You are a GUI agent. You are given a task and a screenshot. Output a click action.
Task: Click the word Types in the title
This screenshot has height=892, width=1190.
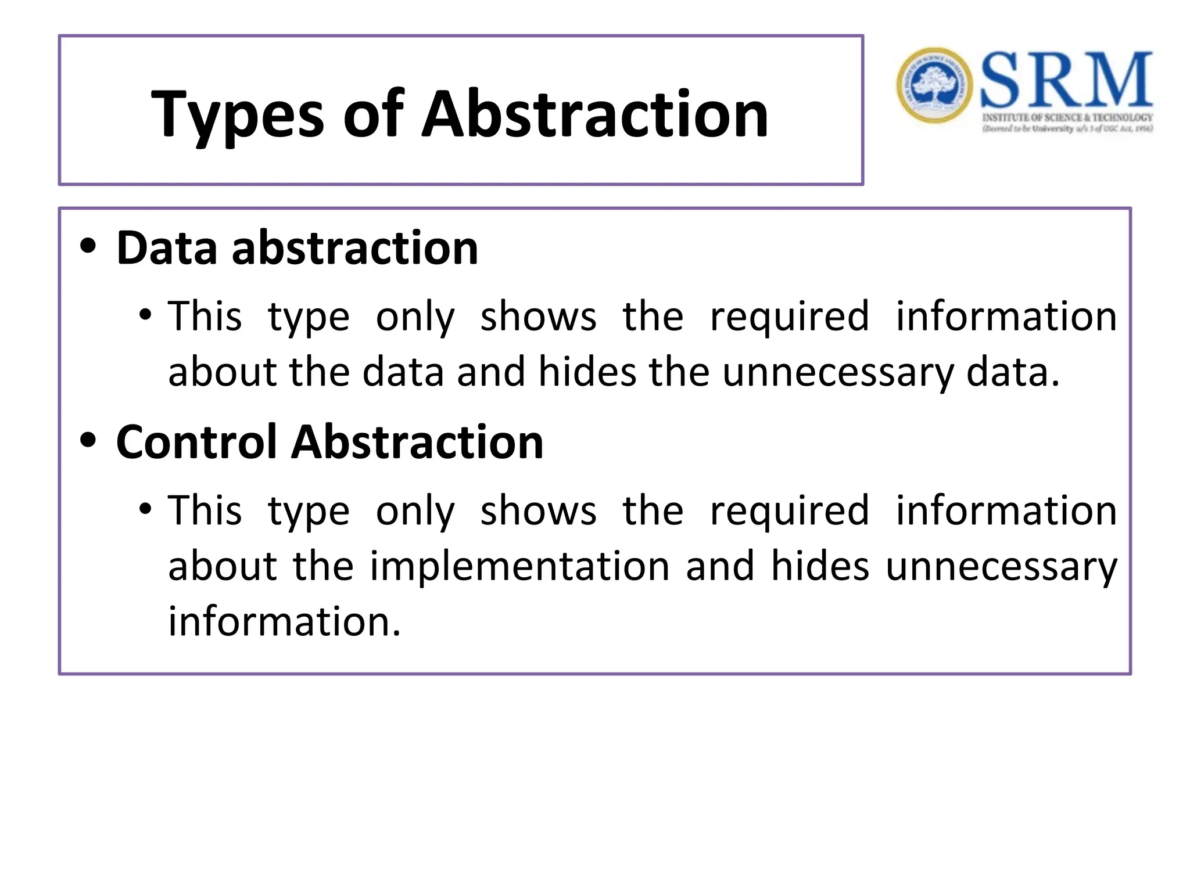click(x=237, y=116)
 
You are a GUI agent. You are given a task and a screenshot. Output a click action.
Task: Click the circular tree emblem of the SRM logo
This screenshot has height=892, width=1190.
click(x=934, y=85)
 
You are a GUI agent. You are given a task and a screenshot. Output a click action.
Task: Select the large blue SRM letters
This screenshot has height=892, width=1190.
click(x=1066, y=80)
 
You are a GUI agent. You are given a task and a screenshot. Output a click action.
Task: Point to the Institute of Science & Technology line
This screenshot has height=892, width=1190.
click(x=1067, y=117)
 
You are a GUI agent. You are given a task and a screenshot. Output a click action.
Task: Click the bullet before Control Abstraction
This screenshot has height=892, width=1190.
click(x=88, y=440)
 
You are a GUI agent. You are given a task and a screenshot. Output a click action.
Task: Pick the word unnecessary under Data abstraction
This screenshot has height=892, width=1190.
click(x=838, y=373)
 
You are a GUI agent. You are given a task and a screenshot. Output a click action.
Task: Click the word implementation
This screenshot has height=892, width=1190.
click(x=520, y=566)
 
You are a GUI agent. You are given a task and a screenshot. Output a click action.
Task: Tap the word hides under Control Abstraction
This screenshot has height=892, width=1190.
click(x=820, y=566)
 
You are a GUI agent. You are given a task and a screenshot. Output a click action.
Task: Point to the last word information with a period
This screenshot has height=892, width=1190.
click(x=284, y=621)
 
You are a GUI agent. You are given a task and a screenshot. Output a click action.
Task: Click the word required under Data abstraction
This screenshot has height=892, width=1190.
click(x=790, y=317)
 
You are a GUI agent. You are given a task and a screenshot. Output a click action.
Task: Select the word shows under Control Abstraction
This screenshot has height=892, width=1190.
click(x=538, y=511)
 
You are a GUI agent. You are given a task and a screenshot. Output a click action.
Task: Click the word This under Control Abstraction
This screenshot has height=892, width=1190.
click(x=205, y=511)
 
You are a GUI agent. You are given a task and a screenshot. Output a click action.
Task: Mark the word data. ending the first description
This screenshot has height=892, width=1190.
click(x=1013, y=373)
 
